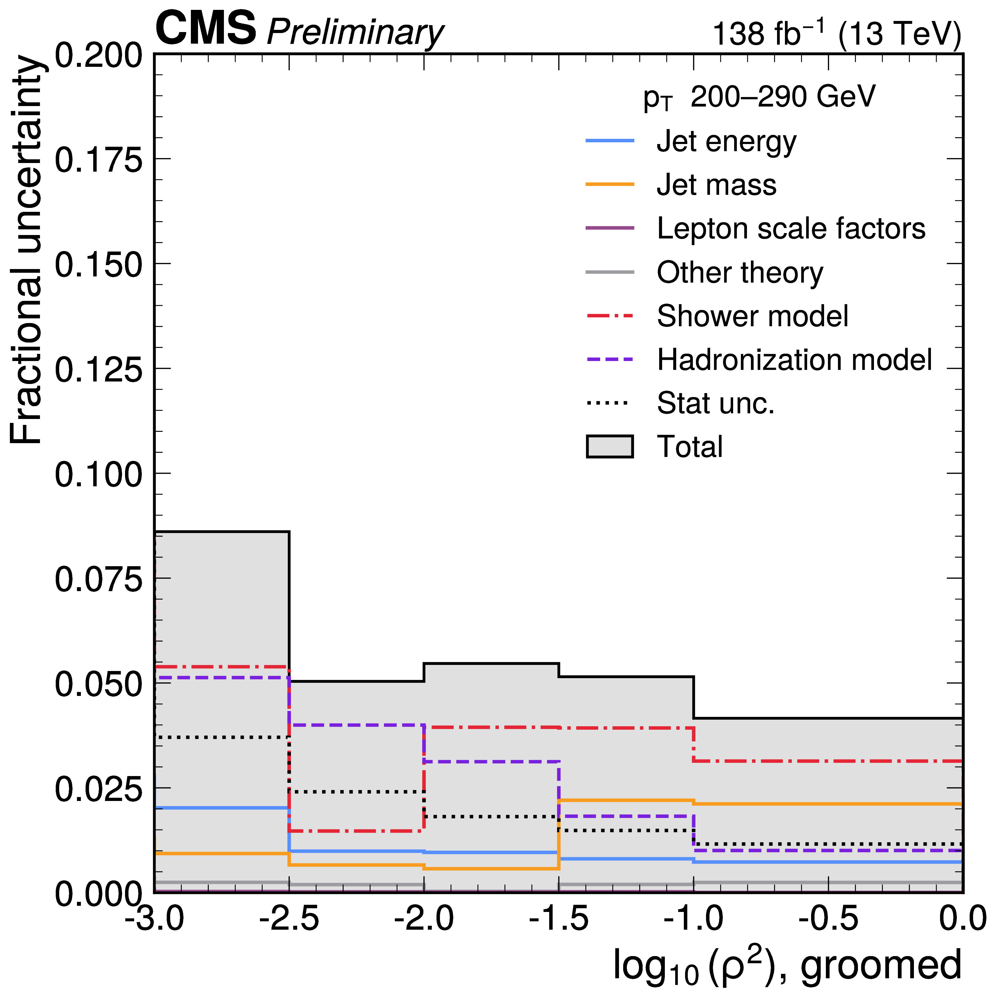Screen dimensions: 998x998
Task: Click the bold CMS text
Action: point(206,28)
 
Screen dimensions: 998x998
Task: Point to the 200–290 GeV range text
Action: point(783,97)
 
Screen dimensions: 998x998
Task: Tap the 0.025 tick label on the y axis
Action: point(98,789)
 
